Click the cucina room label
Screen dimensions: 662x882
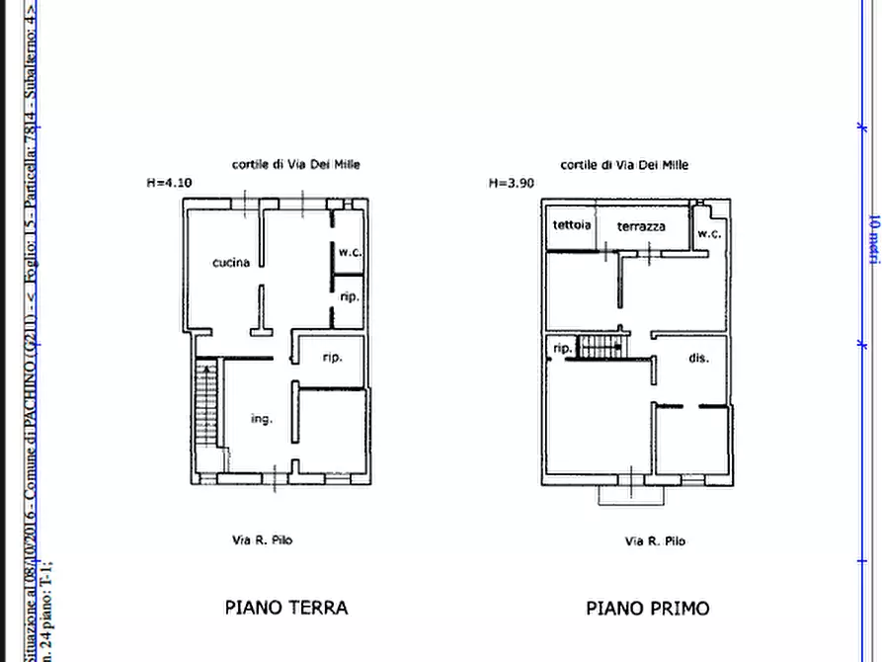coord(230,263)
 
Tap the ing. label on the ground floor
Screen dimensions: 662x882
coord(261,419)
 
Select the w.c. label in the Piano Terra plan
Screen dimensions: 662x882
coord(350,252)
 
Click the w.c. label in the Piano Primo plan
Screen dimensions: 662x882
coord(709,234)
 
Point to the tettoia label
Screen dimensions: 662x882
coord(572,225)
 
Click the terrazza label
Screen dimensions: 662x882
coord(641,226)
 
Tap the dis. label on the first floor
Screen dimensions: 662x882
coord(698,358)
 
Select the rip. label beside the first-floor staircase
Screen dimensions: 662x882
coord(562,349)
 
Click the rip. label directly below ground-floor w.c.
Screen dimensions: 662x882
coord(349,296)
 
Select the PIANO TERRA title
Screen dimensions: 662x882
coord(286,608)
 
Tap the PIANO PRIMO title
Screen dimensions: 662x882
coord(647,608)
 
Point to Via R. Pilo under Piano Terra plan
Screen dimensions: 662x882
coord(262,539)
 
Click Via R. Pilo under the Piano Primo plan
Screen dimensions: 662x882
coord(655,540)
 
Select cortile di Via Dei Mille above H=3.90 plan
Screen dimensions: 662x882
coord(624,165)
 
